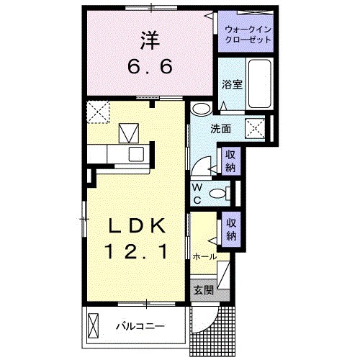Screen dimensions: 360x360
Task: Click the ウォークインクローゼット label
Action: [248, 35]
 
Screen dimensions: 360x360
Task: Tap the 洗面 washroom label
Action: [220, 130]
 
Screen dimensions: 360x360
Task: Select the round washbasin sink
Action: [201, 109]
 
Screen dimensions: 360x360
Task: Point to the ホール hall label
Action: [205, 256]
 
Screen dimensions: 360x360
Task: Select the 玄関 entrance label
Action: [203, 290]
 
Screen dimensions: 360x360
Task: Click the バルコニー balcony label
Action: [140, 325]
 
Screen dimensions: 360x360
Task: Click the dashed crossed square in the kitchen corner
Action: [96, 111]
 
